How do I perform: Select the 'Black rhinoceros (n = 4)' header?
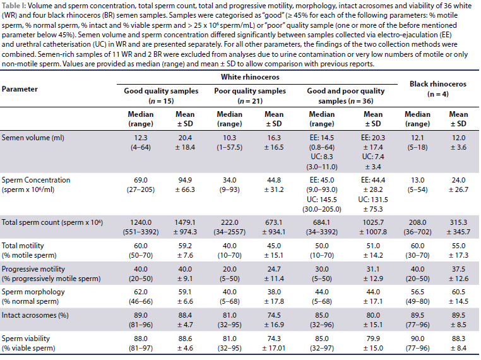click(437, 88)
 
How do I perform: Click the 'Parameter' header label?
click(20, 89)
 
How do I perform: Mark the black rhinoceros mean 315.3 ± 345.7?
click(459, 228)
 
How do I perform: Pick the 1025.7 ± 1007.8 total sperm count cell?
click(372, 228)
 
